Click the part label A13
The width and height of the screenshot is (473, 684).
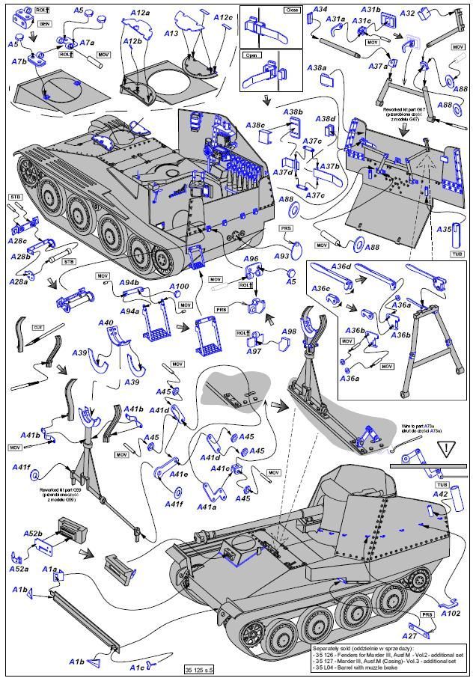click(x=171, y=34)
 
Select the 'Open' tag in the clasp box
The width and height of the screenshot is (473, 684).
click(x=250, y=55)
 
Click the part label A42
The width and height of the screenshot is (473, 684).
click(x=441, y=494)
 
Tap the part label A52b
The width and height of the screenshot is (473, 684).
click(x=34, y=534)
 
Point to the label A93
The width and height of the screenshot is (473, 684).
click(x=282, y=256)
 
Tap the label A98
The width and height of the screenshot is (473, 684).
click(x=289, y=332)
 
